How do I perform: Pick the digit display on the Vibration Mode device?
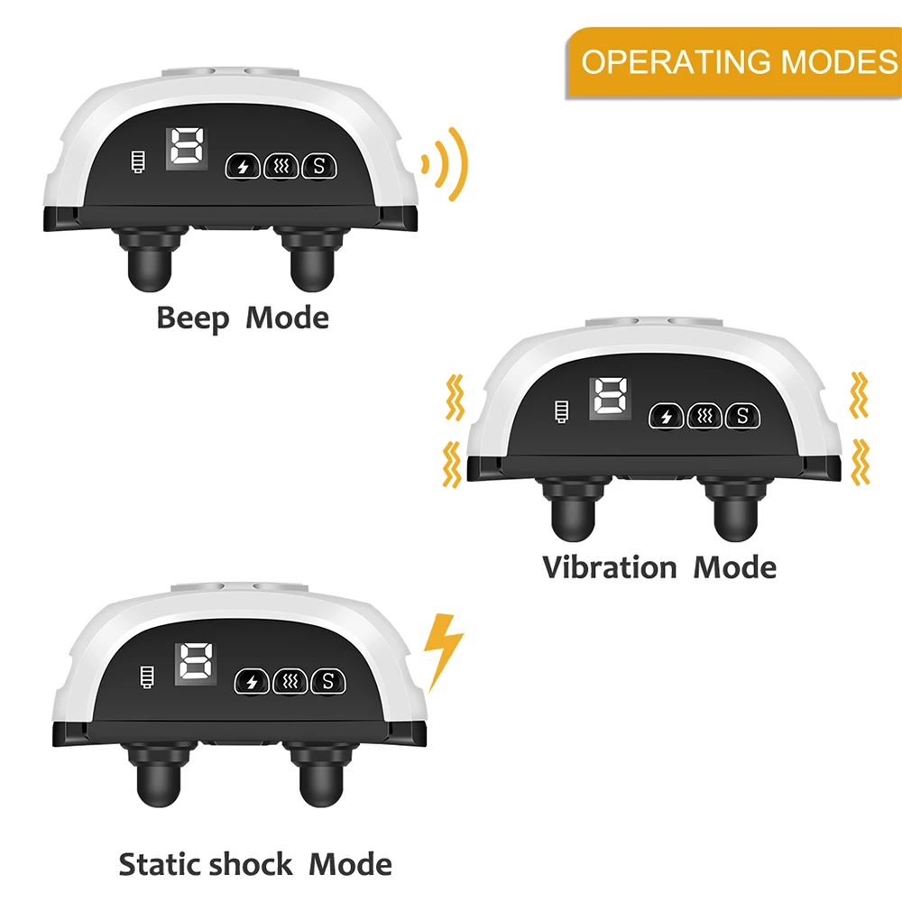[610, 398]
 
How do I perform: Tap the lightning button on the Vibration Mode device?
[667, 416]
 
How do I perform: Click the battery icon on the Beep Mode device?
[137, 165]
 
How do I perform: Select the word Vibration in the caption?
[609, 567]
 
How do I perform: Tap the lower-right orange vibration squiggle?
[861, 461]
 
